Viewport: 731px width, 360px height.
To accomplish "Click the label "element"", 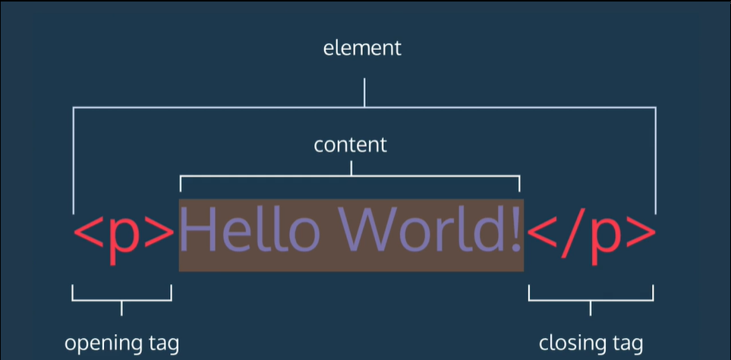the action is point(362,49).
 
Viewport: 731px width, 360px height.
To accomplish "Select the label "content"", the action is point(351,144).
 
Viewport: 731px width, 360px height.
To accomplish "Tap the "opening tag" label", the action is point(121,343).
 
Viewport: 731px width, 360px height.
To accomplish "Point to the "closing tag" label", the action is point(591,343).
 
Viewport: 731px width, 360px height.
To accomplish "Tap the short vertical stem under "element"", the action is point(364,93).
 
